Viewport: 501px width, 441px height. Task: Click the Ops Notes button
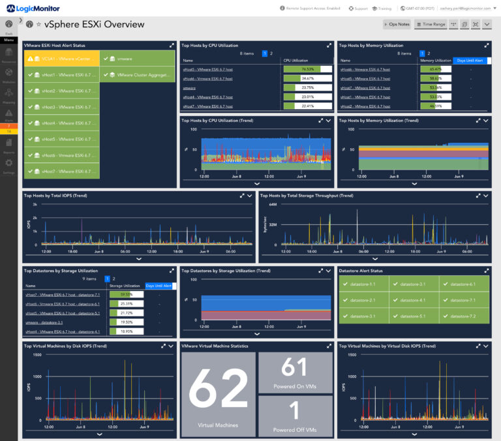pos(397,24)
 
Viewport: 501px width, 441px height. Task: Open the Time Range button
pos(431,24)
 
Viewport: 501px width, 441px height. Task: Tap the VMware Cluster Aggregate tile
pos(138,74)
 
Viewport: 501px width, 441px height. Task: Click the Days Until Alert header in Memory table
pos(470,60)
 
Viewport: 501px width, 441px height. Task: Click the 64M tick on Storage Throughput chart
pos(273,204)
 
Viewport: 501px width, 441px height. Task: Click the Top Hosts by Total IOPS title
pos(55,195)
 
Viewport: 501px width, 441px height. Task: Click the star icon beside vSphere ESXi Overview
pos(38,24)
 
